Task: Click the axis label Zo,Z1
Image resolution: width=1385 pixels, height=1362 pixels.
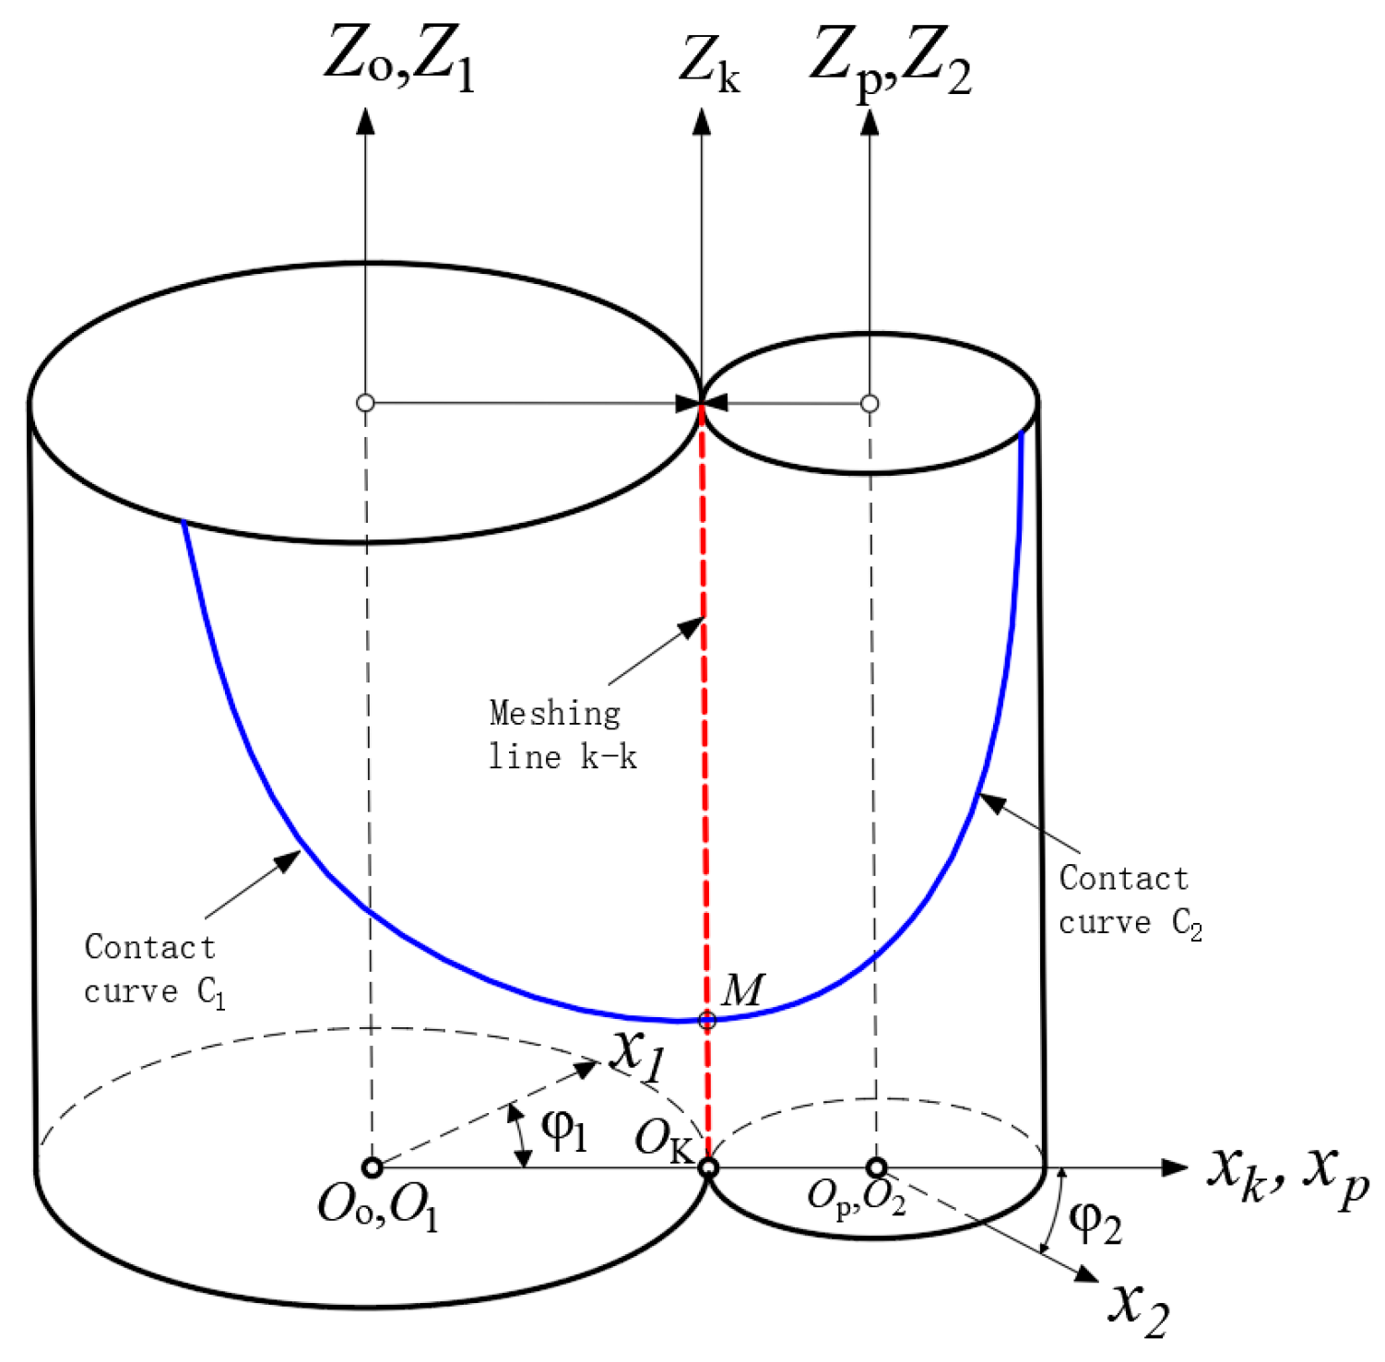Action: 399,60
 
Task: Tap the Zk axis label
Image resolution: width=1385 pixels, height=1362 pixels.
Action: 709,65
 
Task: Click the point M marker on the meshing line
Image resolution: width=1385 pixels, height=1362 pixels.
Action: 707,1020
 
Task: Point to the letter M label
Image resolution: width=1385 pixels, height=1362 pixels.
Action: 743,989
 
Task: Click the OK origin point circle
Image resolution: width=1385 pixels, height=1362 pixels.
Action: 708,1168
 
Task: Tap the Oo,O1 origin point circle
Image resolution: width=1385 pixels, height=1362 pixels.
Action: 372,1167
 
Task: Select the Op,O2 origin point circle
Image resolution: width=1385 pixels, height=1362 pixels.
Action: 876,1167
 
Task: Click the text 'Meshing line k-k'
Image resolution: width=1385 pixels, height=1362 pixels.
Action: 562,735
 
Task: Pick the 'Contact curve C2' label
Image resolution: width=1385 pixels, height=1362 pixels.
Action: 1129,901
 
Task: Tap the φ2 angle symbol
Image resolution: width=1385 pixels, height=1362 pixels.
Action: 1095,1224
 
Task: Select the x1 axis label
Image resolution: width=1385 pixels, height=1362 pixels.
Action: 638,1054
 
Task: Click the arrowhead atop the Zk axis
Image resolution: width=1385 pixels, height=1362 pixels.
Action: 703,121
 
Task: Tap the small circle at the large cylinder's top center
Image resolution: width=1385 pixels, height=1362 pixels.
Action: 365,403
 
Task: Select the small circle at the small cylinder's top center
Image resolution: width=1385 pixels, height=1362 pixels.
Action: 870,403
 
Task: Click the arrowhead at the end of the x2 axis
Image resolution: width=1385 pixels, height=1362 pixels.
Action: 1088,1274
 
